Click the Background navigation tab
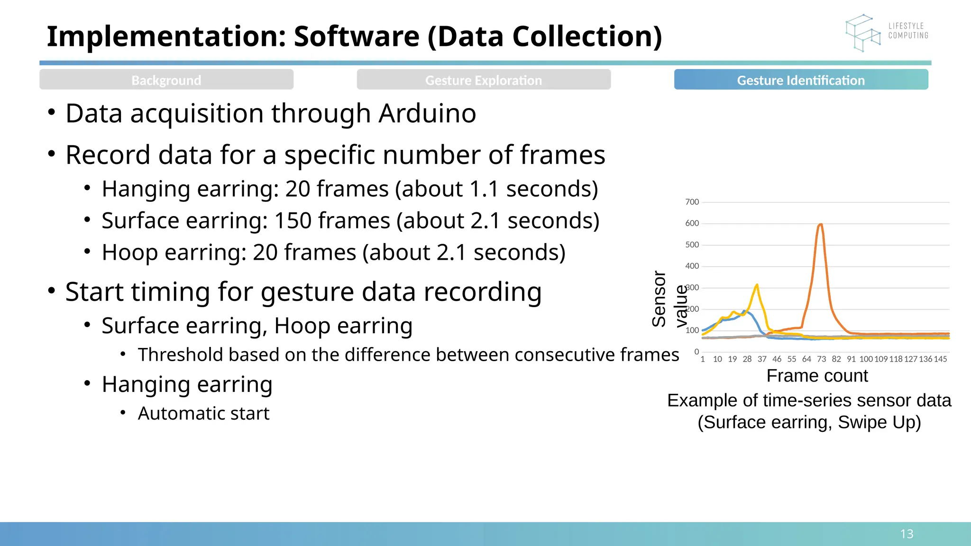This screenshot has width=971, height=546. (166, 80)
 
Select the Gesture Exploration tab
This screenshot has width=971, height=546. (484, 80)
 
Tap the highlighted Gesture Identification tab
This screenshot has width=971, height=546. (801, 80)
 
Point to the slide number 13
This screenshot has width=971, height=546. (907, 534)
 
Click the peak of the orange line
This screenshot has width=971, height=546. (820, 225)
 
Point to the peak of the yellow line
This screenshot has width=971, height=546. (757, 285)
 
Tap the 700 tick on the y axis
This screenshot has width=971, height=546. (692, 202)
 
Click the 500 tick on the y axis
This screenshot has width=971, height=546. (692, 245)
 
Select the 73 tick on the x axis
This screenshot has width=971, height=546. (822, 359)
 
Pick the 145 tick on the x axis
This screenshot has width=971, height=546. (940, 359)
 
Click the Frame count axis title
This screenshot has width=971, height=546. (817, 376)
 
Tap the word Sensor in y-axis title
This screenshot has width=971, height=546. (659, 299)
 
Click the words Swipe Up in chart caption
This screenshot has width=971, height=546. (879, 422)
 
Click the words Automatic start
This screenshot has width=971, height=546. (203, 414)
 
